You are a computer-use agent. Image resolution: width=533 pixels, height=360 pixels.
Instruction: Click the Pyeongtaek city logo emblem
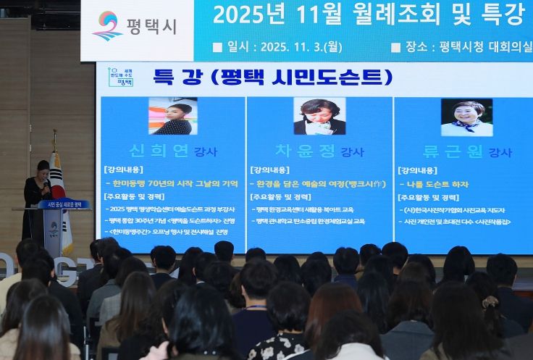point(107,25)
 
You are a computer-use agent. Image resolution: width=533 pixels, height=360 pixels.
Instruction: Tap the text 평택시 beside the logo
point(151,26)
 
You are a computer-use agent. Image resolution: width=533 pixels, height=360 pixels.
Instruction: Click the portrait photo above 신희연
point(172,116)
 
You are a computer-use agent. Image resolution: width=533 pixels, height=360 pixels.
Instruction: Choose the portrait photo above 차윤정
point(319,116)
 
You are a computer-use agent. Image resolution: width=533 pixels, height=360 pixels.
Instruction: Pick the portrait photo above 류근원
point(466,117)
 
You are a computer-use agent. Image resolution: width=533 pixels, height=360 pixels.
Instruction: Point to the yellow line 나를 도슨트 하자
point(437,184)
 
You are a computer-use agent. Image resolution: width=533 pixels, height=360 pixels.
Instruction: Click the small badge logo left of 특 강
point(120,75)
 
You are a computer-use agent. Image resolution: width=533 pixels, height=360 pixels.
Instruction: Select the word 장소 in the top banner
point(416,47)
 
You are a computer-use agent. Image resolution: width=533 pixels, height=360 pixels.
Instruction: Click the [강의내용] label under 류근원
point(417,170)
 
